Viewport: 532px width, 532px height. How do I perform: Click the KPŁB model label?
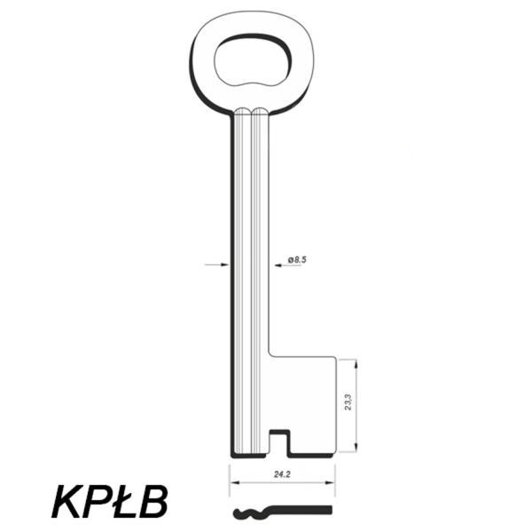[110, 502]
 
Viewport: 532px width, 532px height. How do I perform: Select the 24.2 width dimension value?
[282, 474]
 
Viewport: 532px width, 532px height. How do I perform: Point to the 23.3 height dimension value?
[348, 402]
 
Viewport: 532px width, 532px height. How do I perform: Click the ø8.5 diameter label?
[297, 260]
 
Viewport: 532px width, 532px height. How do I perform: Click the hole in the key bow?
[253, 59]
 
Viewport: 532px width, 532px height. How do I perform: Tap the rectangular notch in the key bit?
[279, 442]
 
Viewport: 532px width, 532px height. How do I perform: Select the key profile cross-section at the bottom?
[282, 512]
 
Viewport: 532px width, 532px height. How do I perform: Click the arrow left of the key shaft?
[217, 264]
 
